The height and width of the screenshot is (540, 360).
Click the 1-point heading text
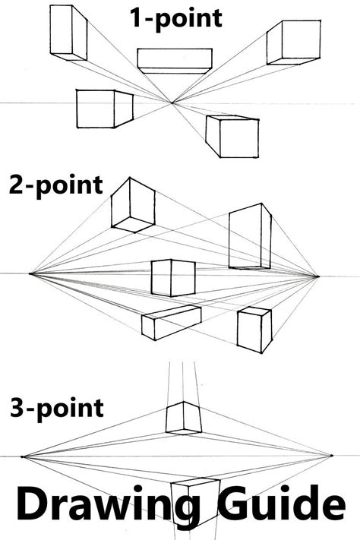177,17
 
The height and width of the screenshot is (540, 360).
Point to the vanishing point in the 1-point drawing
172,103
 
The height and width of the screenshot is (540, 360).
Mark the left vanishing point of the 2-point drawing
30,273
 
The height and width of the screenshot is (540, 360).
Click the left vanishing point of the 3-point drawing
24,456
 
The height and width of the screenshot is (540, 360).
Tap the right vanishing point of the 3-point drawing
331,456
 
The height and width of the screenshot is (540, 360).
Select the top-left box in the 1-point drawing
68,33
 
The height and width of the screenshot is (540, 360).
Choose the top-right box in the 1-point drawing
285,43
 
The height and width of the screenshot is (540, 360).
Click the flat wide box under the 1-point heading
175,61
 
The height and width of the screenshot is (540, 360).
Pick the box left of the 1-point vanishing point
105,109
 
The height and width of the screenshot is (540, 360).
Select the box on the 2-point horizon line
172,278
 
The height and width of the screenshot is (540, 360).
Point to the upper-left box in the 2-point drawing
132,204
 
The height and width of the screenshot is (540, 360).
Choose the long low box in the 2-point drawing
171,321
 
